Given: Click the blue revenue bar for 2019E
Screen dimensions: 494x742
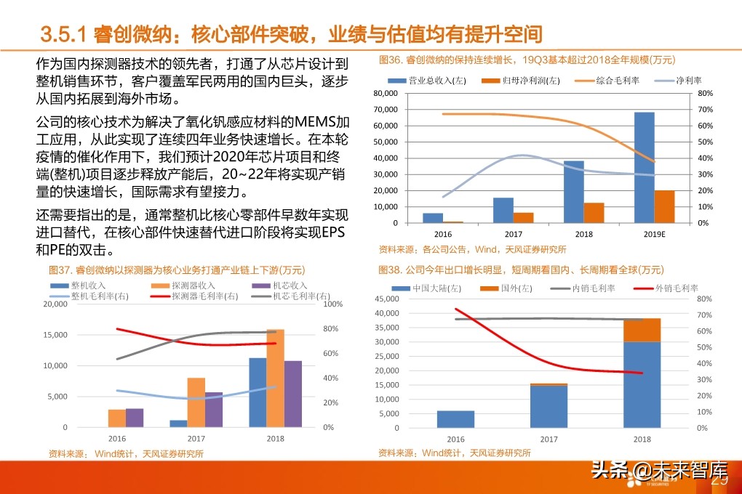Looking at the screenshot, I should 644,167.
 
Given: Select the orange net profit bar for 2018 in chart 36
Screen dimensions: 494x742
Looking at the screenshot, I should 594,213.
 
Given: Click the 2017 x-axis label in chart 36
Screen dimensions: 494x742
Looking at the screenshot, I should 513,235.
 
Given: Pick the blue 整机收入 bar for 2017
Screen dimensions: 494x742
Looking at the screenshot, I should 178,423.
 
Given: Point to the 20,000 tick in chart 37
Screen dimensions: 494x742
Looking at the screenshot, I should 55,304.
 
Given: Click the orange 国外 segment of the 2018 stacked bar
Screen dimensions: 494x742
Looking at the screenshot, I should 642,330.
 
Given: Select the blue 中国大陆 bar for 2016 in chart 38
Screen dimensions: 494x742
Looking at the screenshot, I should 455,419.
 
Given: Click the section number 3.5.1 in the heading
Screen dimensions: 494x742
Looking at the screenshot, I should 64,33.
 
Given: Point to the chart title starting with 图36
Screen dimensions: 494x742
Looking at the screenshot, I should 527,60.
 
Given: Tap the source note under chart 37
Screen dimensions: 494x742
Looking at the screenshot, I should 126,453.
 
